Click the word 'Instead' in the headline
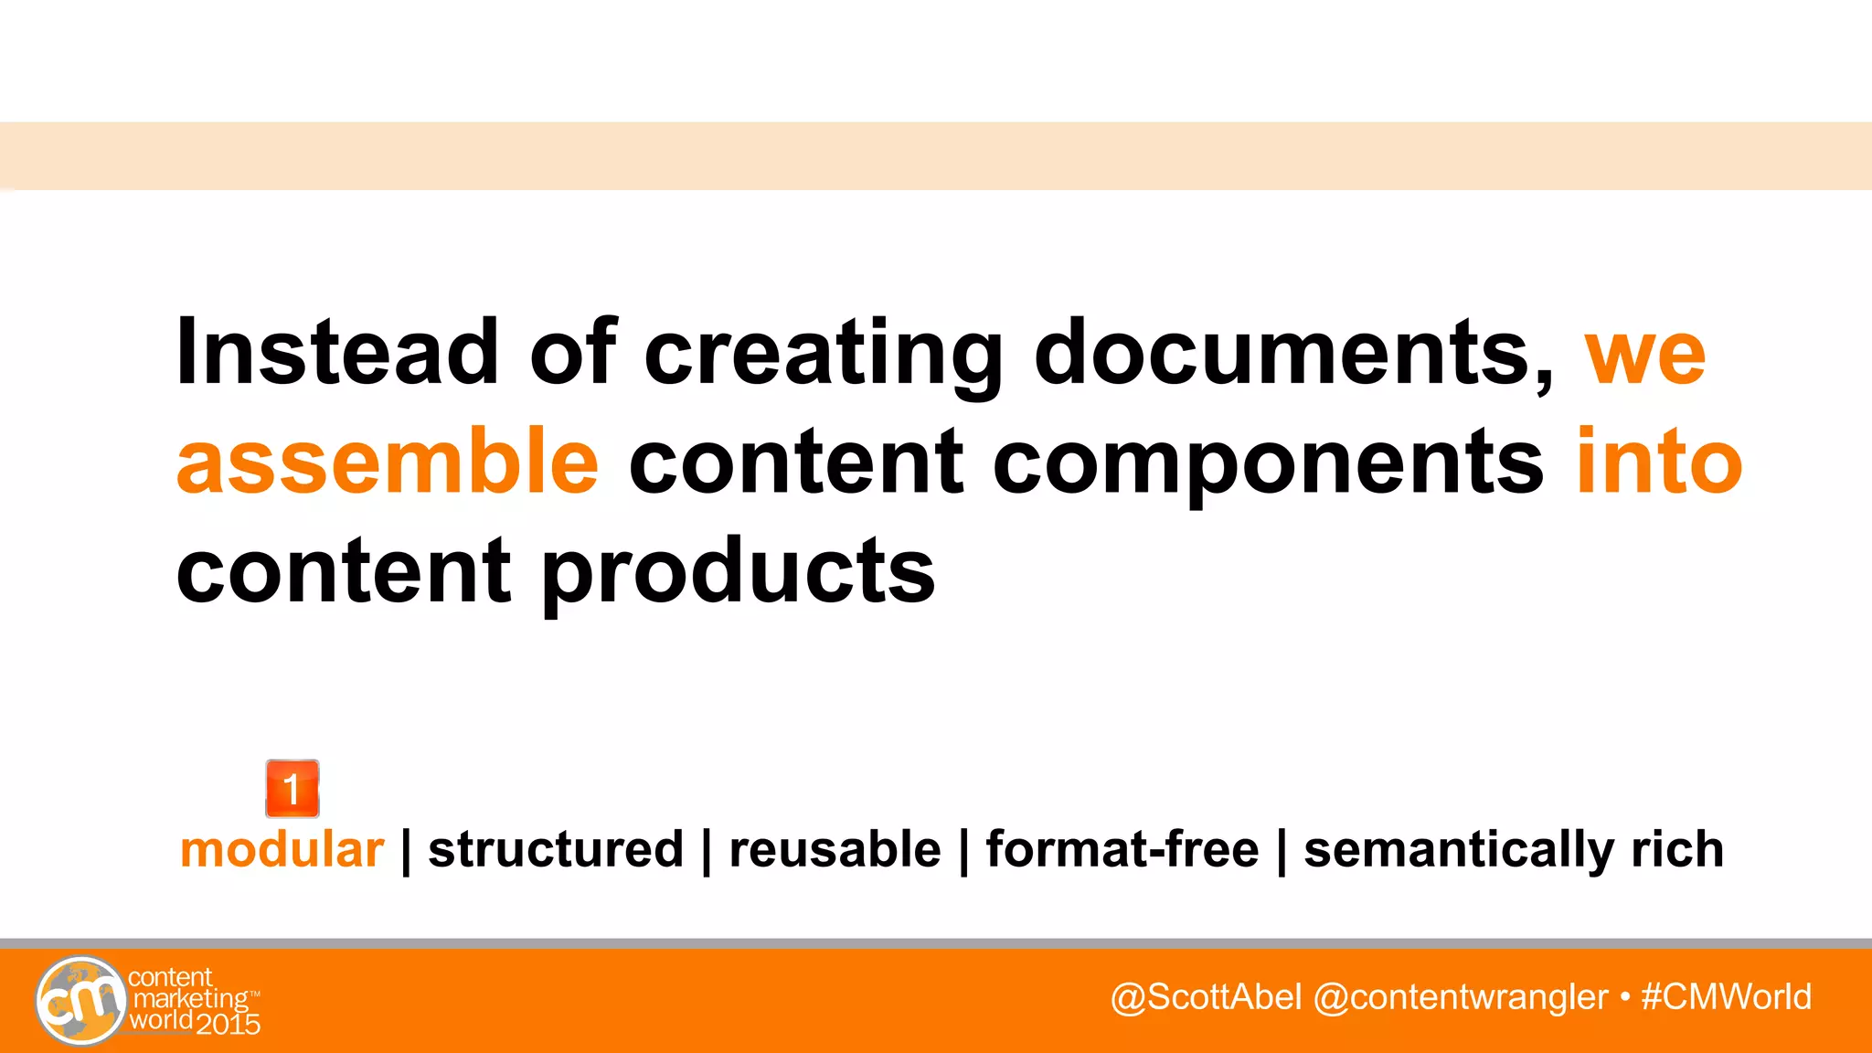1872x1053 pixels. tap(336, 352)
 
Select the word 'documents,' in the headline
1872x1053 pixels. tap(1292, 352)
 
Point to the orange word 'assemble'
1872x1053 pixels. tap(388, 462)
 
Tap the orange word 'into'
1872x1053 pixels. tap(1659, 462)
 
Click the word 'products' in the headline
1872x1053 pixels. tap(739, 574)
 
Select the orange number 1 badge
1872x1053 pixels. tap(292, 789)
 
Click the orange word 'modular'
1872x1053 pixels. tap(282, 850)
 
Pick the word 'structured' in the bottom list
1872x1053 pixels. tap(556, 850)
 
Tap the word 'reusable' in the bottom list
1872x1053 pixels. tap(835, 850)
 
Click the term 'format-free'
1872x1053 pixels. tap(1122, 850)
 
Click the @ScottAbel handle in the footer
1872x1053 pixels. tap(1206, 997)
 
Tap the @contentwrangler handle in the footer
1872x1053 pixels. tap(1460, 997)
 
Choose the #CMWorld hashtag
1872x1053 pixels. tap(1726, 997)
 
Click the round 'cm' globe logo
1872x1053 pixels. tap(80, 1001)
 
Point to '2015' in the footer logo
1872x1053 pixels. tap(229, 1025)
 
